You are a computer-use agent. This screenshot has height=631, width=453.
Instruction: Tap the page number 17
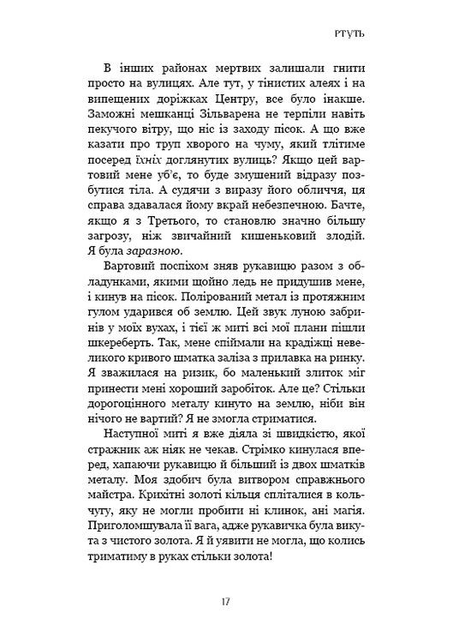click(x=225, y=602)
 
